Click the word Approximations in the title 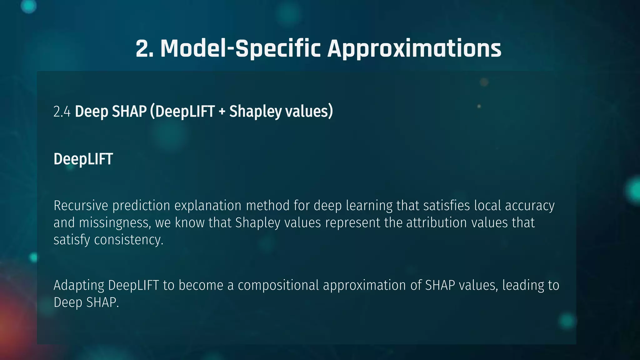(414, 49)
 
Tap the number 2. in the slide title (145, 49)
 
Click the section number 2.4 (62, 112)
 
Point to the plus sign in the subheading (222, 112)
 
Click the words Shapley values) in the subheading (281, 112)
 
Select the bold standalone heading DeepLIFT (83, 159)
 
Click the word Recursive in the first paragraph (81, 206)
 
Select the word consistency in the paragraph (128, 240)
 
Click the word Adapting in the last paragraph (79, 285)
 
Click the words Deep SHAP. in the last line (86, 302)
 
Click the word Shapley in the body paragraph (258, 223)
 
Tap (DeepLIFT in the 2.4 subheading (182, 112)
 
